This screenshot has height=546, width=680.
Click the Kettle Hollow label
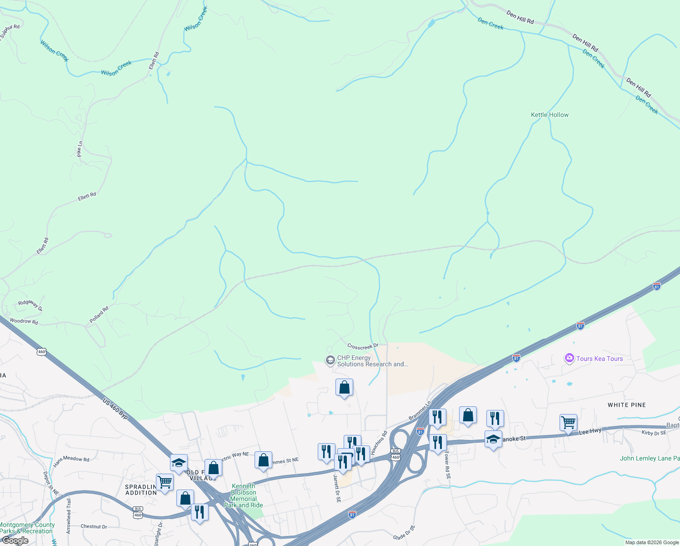pos(550,115)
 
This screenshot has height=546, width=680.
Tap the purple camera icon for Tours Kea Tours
pos(569,358)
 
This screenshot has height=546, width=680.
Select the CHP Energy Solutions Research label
pos(372,361)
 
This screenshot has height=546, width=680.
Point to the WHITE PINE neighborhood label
pos(627,405)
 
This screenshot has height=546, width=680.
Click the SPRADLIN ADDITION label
pos(141,490)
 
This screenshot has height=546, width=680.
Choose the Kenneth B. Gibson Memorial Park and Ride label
pos(244,495)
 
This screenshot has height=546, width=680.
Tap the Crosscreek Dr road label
pos(363,346)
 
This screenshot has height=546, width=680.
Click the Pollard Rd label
pos(99,315)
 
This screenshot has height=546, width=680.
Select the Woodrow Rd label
pos(24,321)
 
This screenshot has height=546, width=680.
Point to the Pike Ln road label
pos(80,149)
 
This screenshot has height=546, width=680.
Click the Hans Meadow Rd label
pos(71,461)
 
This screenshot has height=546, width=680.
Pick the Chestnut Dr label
pos(94,526)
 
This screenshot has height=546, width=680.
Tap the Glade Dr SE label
pos(404,533)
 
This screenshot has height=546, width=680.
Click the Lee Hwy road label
pos(590,431)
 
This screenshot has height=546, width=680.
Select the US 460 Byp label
pos(115,408)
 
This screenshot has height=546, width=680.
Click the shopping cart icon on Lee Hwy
pos(568,423)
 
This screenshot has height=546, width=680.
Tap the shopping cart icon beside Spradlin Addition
pos(165,482)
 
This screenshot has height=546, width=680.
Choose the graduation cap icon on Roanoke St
pos(493,439)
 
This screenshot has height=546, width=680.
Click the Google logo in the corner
pos(15,541)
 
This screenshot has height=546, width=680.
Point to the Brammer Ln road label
pos(420,410)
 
